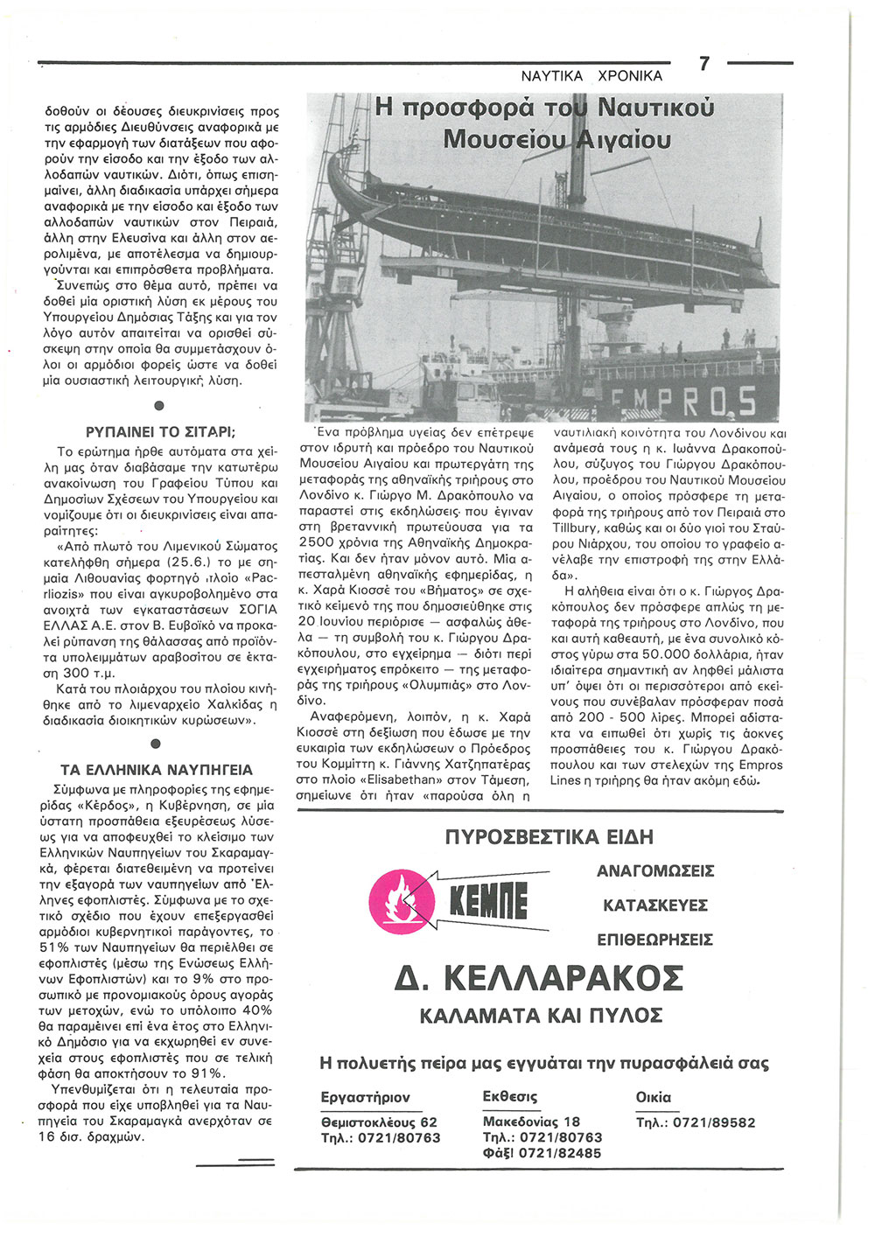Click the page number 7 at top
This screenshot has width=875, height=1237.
click(x=704, y=64)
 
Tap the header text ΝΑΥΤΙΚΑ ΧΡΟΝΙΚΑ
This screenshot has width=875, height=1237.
click(x=591, y=76)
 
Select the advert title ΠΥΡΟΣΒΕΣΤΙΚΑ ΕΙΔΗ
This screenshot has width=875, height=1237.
click(x=549, y=837)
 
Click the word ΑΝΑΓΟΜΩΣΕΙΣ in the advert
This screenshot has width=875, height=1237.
click(x=655, y=871)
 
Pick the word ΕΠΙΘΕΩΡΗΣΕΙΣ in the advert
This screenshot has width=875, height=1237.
click(x=654, y=940)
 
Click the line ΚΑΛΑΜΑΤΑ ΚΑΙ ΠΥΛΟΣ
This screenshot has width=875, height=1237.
click(x=541, y=1016)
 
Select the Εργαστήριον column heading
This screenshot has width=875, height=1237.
click(x=366, y=1097)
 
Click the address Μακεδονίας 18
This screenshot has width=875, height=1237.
click(x=531, y=1122)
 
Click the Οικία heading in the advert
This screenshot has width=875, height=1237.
click(x=653, y=1097)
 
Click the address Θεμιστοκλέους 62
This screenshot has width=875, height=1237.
click(x=379, y=1122)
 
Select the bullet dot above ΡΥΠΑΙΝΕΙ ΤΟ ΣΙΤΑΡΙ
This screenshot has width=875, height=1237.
click(x=158, y=405)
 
